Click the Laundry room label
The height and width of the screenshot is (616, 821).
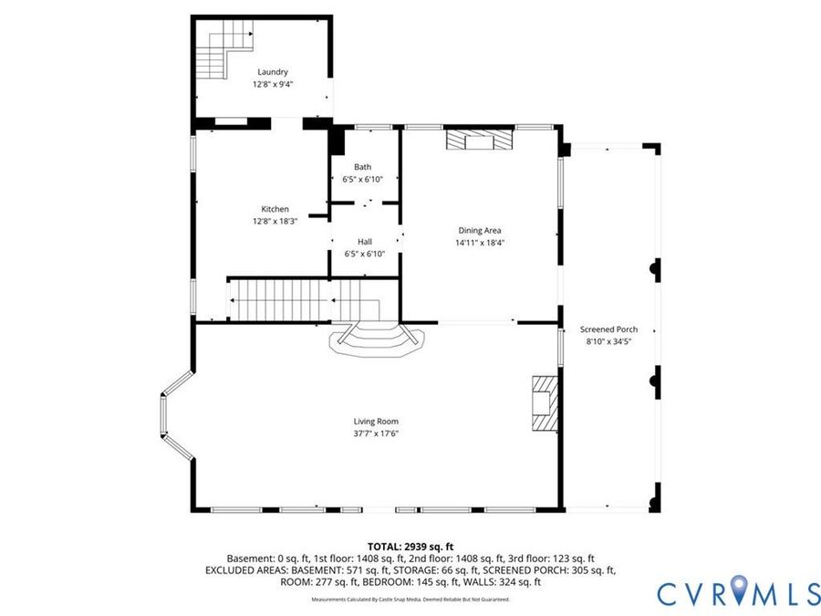pos(272,72)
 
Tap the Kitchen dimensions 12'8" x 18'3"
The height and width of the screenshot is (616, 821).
pos(275,222)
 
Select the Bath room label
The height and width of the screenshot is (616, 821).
pos(362,167)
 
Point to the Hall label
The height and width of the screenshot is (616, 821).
pos(364,242)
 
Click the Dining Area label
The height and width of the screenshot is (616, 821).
pos(480,231)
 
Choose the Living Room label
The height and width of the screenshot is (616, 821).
pos(376,421)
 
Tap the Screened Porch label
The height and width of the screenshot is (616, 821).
pos(608,329)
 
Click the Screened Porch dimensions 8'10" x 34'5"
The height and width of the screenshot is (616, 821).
pos(608,341)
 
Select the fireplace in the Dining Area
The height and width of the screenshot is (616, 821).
pos(479,140)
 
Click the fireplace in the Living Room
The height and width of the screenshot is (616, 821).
pos(546,402)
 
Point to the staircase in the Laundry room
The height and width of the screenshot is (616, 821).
pos(224,50)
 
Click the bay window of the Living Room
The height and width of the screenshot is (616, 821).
pos(177,416)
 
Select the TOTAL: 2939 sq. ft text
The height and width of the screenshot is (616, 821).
pos(410,548)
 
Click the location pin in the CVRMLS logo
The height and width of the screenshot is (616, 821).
pos(739,589)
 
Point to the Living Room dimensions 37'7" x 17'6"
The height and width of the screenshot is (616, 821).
pos(376,433)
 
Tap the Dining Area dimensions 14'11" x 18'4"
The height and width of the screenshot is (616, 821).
pos(480,243)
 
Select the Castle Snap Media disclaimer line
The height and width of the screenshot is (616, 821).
pos(410,600)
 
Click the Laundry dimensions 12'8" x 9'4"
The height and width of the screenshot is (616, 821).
pos(272,84)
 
